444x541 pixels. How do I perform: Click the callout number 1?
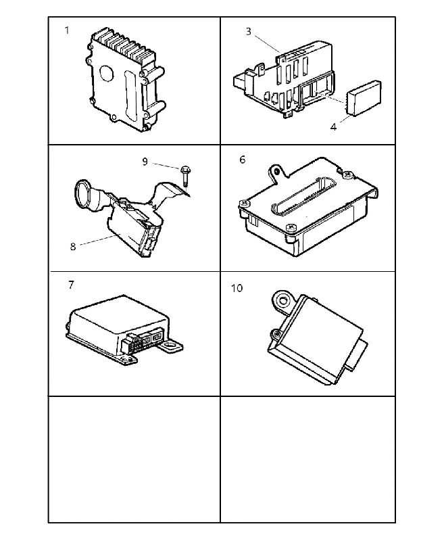pyautogui.click(x=67, y=30)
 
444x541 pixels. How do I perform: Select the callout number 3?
pyautogui.click(x=249, y=32)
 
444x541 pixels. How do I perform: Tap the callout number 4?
pyautogui.click(x=333, y=127)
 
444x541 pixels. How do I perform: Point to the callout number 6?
pyautogui.click(x=243, y=160)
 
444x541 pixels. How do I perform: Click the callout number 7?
pyautogui.click(x=72, y=285)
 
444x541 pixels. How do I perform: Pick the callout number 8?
pyautogui.click(x=73, y=247)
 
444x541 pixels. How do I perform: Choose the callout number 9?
pyautogui.click(x=145, y=162)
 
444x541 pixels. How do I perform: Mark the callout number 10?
pyautogui.click(x=237, y=288)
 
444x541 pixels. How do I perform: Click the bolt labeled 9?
pyautogui.click(x=185, y=175)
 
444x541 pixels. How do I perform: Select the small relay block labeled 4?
pyautogui.click(x=364, y=98)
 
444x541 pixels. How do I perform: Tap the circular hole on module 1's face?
pyautogui.click(x=107, y=73)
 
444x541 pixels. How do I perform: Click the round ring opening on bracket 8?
pyautogui.click(x=82, y=195)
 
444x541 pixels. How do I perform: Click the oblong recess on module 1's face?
pyautogui.click(x=130, y=93)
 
